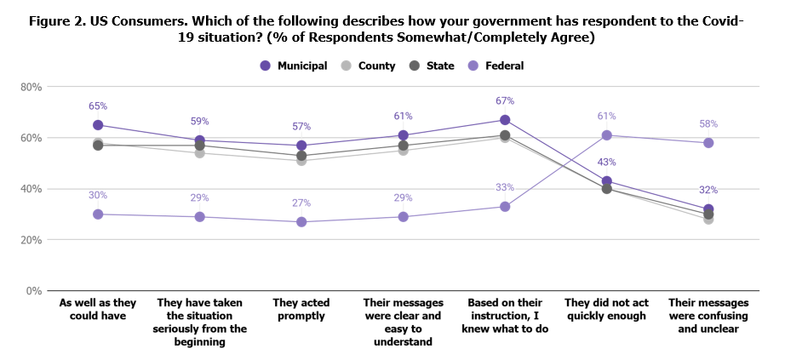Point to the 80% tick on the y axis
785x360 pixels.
pyautogui.click(x=32, y=87)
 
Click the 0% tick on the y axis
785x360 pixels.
pyautogui.click(x=35, y=291)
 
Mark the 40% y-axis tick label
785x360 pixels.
pyautogui.click(x=32, y=189)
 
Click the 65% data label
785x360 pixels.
pyautogui.click(x=98, y=106)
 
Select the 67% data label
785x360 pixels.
pyautogui.click(x=505, y=101)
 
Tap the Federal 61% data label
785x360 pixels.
pyautogui.click(x=606, y=117)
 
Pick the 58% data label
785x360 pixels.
pyautogui.click(x=708, y=124)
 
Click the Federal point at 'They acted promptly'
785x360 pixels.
pyautogui.click(x=301, y=222)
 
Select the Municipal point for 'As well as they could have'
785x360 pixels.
pyautogui.click(x=98, y=125)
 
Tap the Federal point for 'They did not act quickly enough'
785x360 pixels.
pyautogui.click(x=607, y=135)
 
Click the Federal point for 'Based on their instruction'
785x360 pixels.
pyautogui.click(x=505, y=207)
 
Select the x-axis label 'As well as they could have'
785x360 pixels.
pyautogui.click(x=98, y=309)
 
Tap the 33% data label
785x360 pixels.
pyautogui.click(x=505, y=188)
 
